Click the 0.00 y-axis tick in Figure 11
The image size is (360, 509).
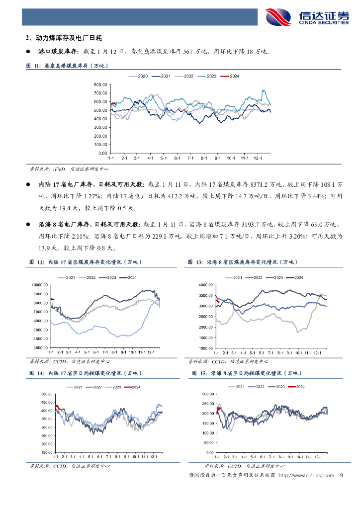pyautogui.click(x=103, y=153)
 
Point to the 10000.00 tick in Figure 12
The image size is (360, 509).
pyautogui.click(x=39, y=285)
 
